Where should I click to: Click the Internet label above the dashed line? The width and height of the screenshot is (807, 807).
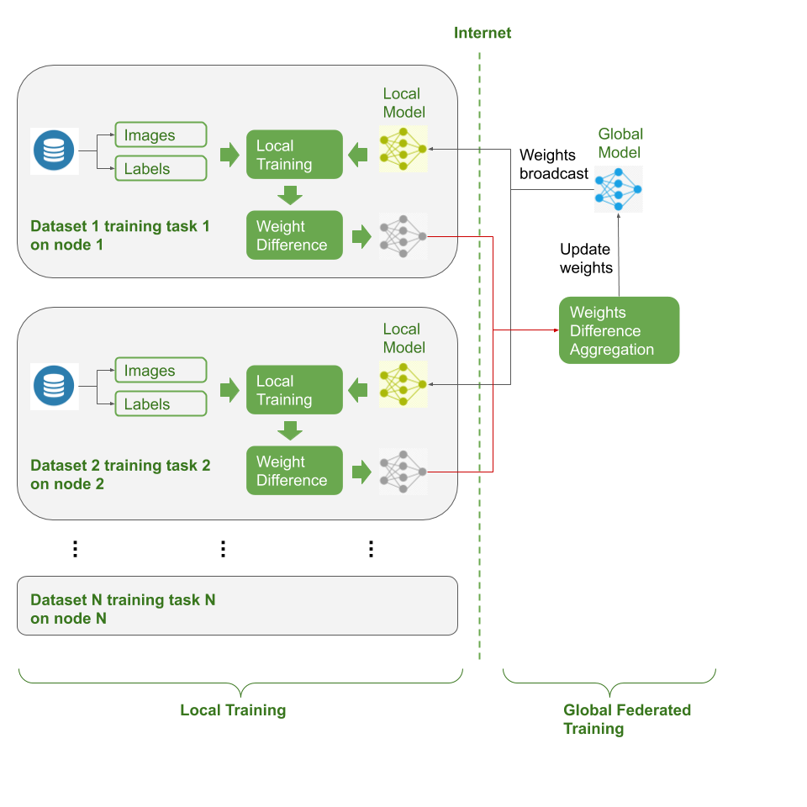483,34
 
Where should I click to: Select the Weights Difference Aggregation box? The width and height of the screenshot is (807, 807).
619,330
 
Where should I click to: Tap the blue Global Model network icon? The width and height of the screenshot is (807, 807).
618,188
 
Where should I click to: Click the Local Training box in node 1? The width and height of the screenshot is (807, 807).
294,155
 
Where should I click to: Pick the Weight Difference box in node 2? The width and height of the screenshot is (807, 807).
294,471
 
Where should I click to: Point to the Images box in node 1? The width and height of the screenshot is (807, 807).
160,135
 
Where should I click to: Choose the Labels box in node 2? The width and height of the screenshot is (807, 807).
160,404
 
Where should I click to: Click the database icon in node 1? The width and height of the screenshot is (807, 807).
54,151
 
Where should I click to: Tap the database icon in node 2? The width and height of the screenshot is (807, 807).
54,387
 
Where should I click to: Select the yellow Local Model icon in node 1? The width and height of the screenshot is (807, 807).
403,149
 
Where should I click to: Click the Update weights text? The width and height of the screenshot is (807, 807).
586,259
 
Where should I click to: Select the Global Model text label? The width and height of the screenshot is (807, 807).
620,143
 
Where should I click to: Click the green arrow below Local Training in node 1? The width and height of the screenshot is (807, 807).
290,195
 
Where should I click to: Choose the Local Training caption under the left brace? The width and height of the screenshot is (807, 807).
233,710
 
